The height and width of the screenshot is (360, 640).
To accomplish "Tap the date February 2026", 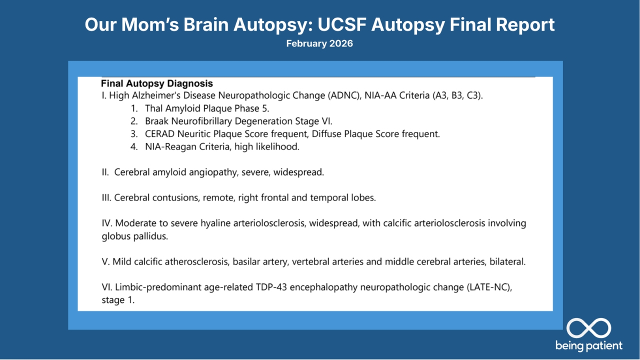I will point(319,43).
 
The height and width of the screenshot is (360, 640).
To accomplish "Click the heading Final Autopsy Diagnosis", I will point(157,83).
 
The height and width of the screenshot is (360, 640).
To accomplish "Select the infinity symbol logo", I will point(588,328).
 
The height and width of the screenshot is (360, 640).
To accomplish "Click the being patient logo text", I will point(588,345).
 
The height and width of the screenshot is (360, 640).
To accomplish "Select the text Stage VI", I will point(315,121).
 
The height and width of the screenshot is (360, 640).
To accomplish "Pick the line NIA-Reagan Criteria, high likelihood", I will point(222,146).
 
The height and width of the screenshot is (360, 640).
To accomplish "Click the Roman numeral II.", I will point(105,172).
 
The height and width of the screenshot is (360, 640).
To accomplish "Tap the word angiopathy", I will point(213,172).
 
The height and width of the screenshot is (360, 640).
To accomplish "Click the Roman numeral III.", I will point(106,197).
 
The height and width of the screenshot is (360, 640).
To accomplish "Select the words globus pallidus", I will point(134,236).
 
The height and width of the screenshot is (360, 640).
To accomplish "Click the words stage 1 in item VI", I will point(118,300).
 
